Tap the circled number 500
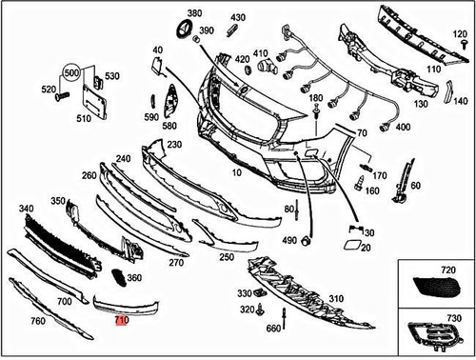pyautogui.click(x=71, y=71)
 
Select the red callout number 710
pyautogui.click(x=121, y=322)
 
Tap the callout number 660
pyautogui.click(x=273, y=330)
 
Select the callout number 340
pyautogui.click(x=25, y=208)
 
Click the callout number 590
pyautogui.click(x=150, y=117)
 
